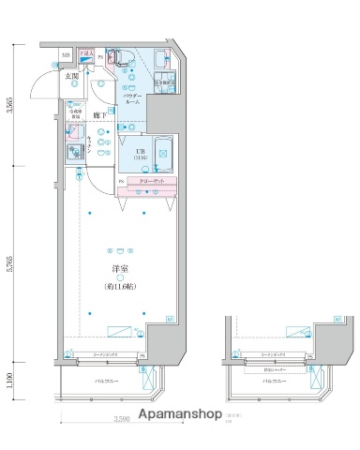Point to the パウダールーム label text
(x=132, y=99)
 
